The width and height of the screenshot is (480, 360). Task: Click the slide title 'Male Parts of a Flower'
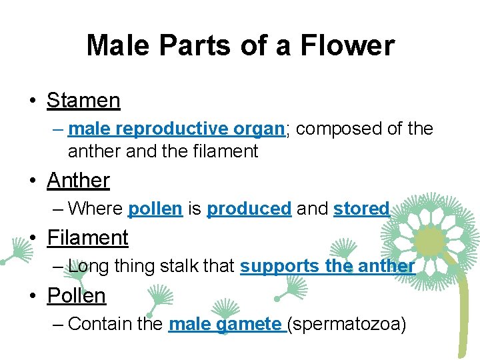coord(240,46)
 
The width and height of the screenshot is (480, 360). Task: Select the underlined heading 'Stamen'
coord(83,101)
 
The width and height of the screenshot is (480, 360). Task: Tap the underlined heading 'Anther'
coord(78,180)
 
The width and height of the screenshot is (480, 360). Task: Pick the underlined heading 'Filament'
coord(87,237)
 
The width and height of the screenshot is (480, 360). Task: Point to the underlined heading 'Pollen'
coord(76,295)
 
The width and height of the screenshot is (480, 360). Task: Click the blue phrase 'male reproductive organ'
coord(176,129)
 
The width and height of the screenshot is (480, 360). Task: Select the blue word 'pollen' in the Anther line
coord(155,209)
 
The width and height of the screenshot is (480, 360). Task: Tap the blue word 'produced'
coord(249,209)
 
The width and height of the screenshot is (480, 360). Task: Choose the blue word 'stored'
coord(361,209)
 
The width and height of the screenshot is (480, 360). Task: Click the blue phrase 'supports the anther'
coord(327,266)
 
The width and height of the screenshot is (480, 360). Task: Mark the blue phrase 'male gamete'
coord(225,324)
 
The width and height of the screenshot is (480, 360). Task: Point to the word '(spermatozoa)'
coord(347,325)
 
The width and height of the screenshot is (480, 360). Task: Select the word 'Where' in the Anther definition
coord(95,209)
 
